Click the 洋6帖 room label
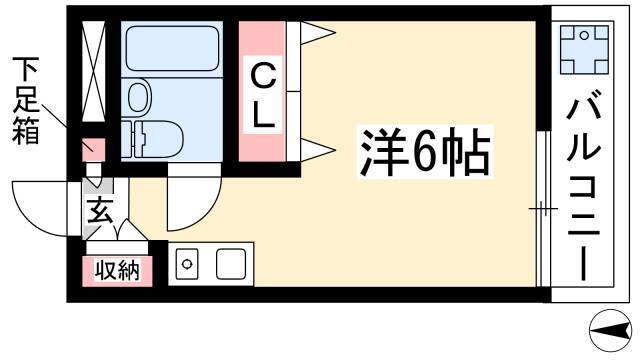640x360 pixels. point(425,151)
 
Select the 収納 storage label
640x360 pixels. point(118,270)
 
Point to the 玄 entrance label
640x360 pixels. point(99,211)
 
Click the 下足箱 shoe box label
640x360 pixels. point(25,101)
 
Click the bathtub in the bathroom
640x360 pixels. point(172,49)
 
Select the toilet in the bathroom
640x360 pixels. point(152,139)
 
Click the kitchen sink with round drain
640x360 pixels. point(187,264)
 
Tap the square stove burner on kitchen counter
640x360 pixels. point(231,264)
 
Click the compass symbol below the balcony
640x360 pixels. point(610,331)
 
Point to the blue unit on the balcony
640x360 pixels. point(584,49)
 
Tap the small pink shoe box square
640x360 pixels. point(94,150)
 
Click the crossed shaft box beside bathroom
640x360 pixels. point(94,71)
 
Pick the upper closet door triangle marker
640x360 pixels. point(318,32)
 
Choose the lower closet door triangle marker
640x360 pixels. point(318,150)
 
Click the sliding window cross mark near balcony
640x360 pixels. point(543,209)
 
